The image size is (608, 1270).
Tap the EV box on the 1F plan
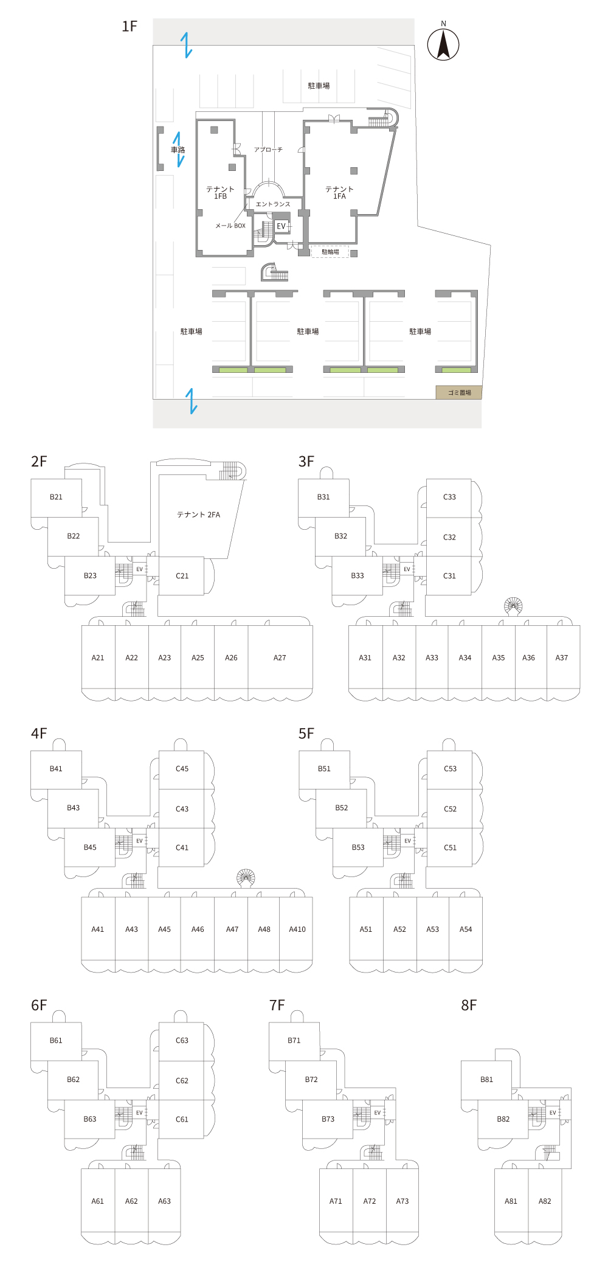pyautogui.click(x=281, y=226)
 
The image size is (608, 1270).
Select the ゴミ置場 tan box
pyautogui.click(x=459, y=392)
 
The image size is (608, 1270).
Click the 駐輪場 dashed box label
pyautogui.click(x=330, y=252)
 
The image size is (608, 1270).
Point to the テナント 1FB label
pyautogui.click(x=220, y=193)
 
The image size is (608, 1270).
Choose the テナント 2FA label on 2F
pyautogui.click(x=198, y=515)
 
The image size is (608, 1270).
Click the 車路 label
pyautogui.click(x=178, y=150)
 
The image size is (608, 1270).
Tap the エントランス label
pyautogui.click(x=273, y=204)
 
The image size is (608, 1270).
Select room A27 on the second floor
pyautogui.click(x=280, y=658)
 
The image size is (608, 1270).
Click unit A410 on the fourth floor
pyautogui.click(x=297, y=929)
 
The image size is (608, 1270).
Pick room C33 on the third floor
pyautogui.click(x=449, y=497)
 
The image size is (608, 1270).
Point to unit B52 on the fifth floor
pyautogui.click(x=342, y=808)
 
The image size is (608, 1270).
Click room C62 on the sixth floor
pyautogui.click(x=182, y=1081)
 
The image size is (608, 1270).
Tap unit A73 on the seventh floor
pyautogui.click(x=402, y=1201)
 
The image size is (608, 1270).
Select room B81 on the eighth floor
pyautogui.click(x=486, y=1080)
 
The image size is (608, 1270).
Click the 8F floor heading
pyautogui.click(x=469, y=1005)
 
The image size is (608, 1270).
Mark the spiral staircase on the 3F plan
pyautogui.click(x=513, y=605)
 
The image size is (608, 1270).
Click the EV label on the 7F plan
pyautogui.click(x=378, y=1112)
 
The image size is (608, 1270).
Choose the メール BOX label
pyautogui.click(x=230, y=226)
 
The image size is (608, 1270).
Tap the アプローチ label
pyautogui.click(x=268, y=150)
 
